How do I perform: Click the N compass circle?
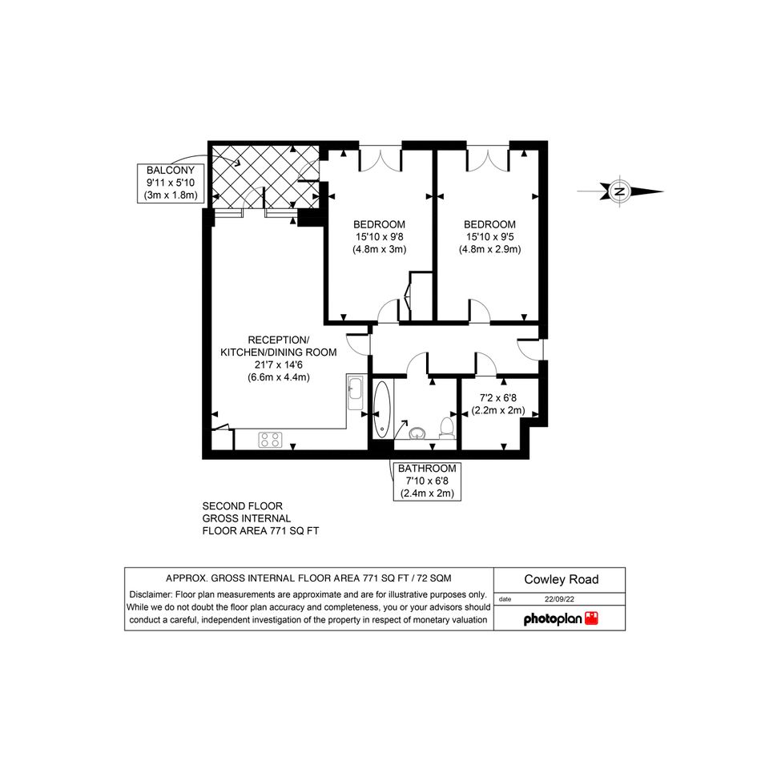point(619,191)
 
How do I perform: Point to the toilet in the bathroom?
point(447,429)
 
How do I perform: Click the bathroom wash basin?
point(417,433)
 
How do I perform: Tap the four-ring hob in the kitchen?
point(271,440)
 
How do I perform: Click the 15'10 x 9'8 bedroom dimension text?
point(380,237)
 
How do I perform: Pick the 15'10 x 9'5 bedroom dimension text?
point(490,237)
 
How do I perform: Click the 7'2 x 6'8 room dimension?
point(497,398)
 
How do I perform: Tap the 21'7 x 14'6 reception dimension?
point(279,365)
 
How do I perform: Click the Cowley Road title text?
point(562,579)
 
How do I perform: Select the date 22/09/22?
point(560,599)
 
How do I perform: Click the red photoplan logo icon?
point(591,618)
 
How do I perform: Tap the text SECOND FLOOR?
point(243,506)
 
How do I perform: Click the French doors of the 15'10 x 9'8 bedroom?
point(381,159)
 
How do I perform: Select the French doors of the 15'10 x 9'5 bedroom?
point(488,159)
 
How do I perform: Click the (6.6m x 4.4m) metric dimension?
point(279,377)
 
